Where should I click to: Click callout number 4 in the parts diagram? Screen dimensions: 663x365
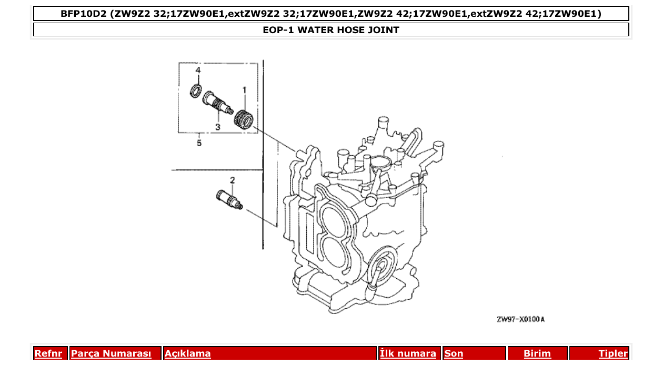pos(198,70)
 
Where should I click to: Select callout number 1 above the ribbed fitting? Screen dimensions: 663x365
pos(244,91)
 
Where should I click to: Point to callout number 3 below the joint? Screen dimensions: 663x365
pos(217,127)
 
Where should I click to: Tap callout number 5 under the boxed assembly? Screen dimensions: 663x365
pos(199,143)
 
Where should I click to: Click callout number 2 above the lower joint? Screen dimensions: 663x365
pos(232,180)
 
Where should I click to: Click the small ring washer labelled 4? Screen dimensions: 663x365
pos(196,90)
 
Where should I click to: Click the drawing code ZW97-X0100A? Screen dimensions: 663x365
pos(520,319)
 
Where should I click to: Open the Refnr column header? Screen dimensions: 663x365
pos(48,353)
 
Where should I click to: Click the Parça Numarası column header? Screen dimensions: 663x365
pos(111,353)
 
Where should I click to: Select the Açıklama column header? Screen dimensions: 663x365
pos(188,353)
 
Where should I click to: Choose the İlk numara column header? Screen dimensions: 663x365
pos(408,353)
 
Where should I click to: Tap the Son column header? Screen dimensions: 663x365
pos(454,353)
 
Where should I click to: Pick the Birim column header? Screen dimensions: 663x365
pos(537,353)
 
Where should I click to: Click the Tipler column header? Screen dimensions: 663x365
pos(613,353)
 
